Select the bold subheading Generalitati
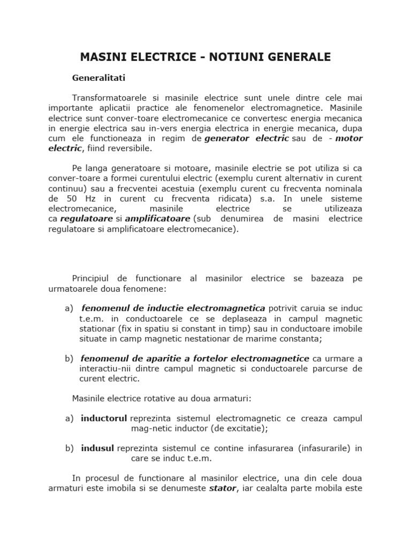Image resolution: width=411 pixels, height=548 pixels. point(98,78)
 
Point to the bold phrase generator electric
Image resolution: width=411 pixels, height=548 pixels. point(246,139)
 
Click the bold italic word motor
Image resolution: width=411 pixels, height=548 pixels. point(349,139)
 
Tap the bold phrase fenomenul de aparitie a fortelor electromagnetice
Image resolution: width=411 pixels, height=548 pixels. point(195,359)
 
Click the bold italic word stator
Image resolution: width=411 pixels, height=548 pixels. point(222,489)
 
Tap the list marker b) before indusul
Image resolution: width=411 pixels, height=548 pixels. point(69,448)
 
